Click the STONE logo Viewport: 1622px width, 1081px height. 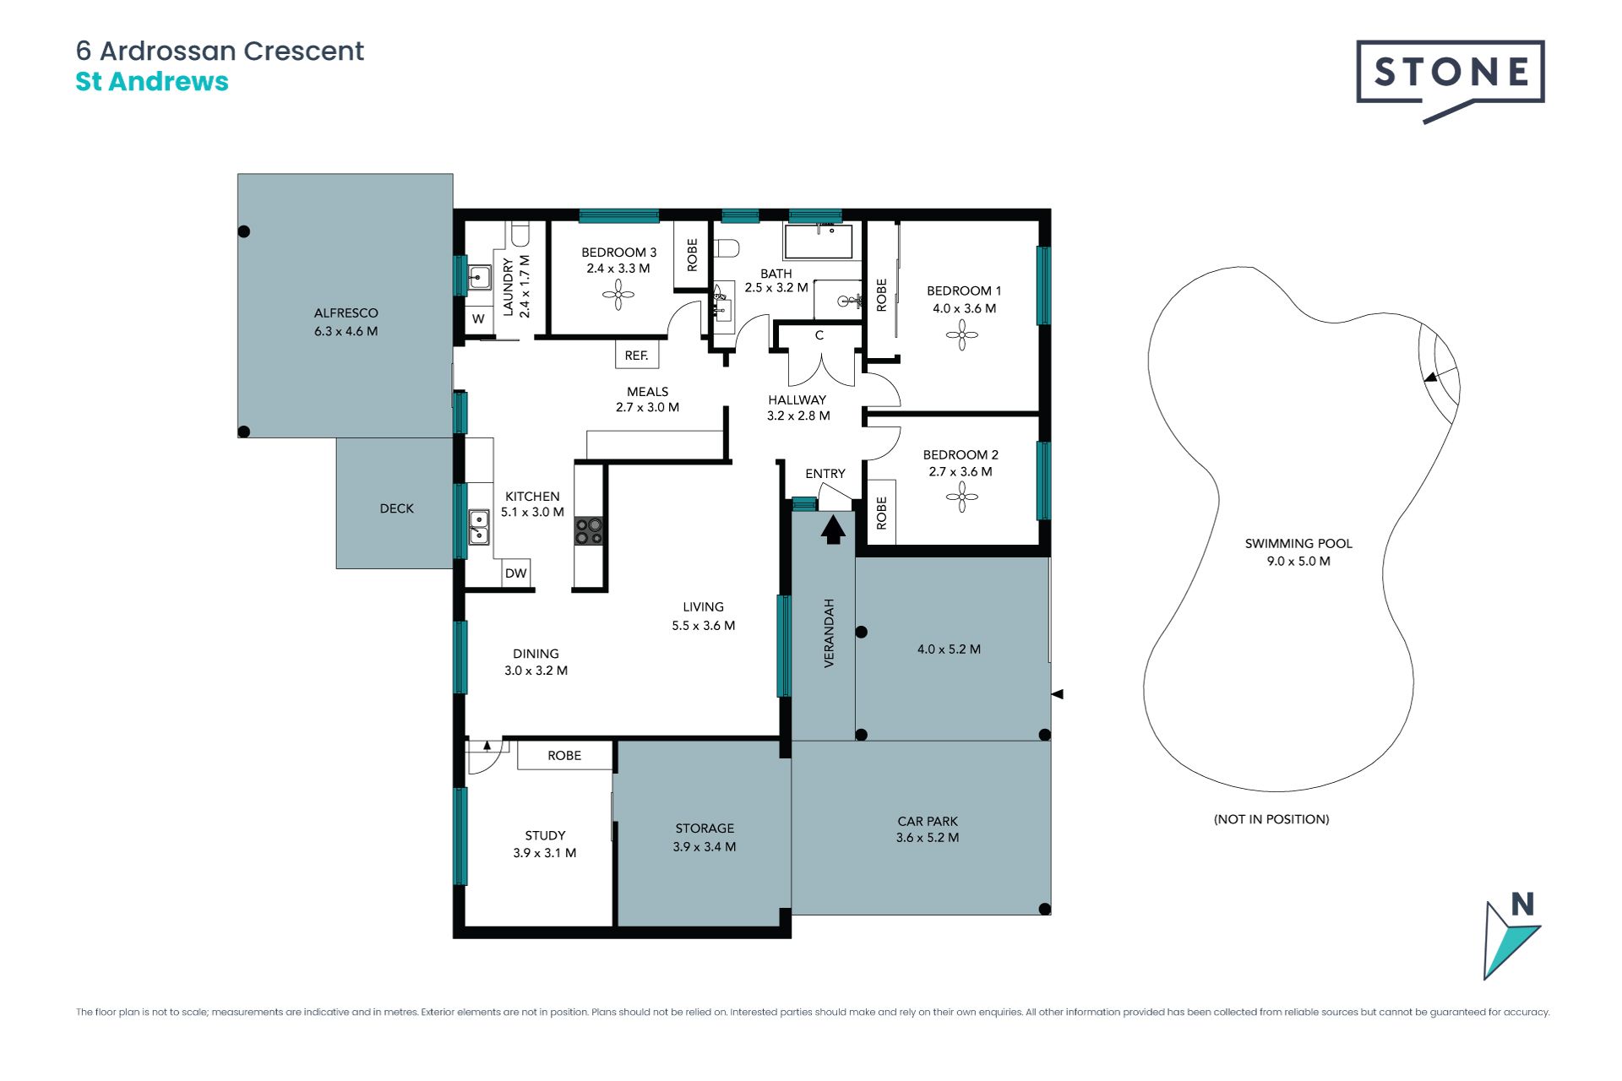[x=1451, y=81]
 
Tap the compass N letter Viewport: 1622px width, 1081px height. [x=1522, y=904]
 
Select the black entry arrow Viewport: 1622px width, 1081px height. [x=833, y=530]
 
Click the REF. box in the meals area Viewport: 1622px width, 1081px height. [x=637, y=355]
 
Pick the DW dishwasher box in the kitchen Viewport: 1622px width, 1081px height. [x=515, y=573]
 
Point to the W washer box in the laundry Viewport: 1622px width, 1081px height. [x=479, y=319]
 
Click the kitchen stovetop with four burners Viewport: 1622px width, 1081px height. [x=589, y=531]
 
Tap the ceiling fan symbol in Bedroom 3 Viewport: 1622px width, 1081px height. [x=618, y=295]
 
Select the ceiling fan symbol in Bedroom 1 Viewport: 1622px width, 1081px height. [x=961, y=335]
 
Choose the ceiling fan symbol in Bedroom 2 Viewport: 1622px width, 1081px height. [x=961, y=497]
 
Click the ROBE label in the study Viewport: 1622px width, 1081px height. [x=564, y=756]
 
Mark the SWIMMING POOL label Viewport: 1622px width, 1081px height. [x=1298, y=544]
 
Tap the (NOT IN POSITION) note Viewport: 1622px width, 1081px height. [x=1271, y=819]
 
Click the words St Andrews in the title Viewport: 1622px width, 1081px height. [x=152, y=82]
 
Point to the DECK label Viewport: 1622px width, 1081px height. [x=397, y=508]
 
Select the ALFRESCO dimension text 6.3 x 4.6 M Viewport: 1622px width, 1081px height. [x=346, y=331]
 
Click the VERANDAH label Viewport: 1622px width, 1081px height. [x=829, y=633]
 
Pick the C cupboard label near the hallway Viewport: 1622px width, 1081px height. [x=819, y=335]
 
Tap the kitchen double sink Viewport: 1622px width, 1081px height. [x=479, y=527]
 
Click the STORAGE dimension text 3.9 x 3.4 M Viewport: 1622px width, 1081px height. [x=705, y=846]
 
